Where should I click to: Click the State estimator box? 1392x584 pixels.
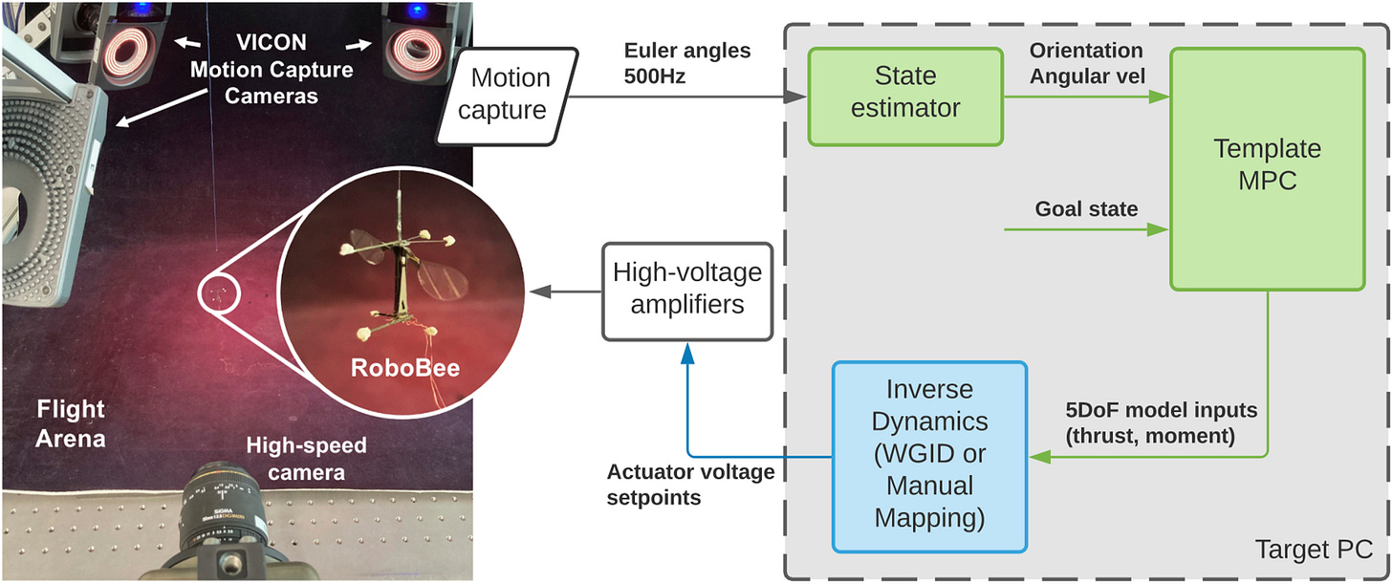click(x=905, y=97)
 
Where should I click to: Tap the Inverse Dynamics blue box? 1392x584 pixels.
click(x=929, y=455)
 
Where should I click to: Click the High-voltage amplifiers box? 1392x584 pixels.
click(x=687, y=291)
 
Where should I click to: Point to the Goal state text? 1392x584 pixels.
click(x=1087, y=209)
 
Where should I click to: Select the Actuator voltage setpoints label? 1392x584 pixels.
click(x=691, y=484)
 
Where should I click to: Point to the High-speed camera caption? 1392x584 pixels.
click(x=305, y=458)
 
